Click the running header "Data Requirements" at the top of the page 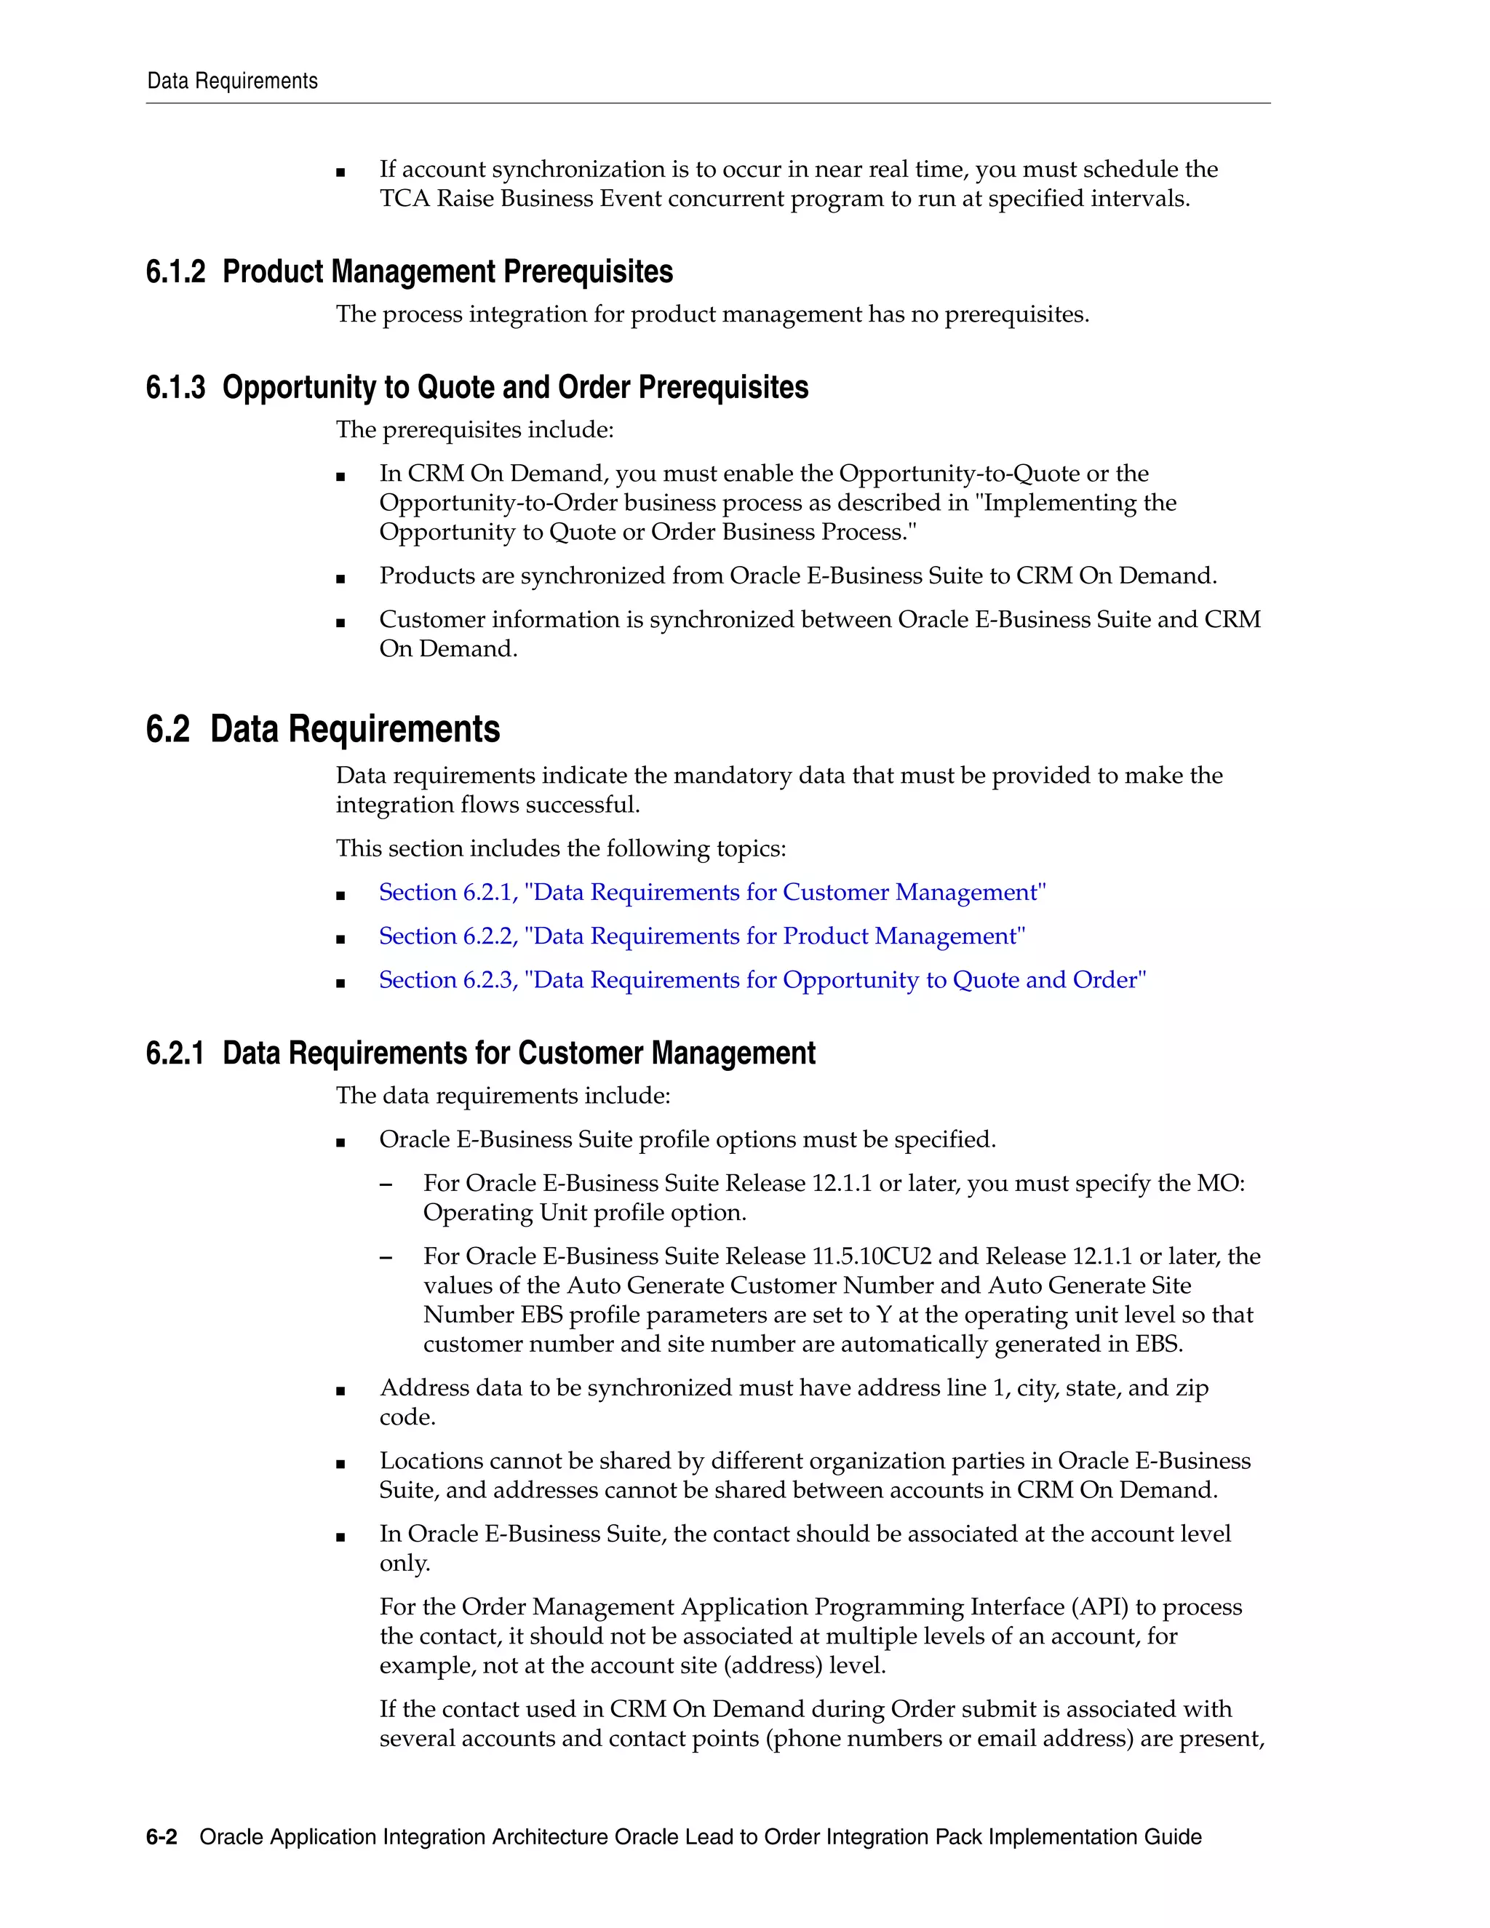pos(232,81)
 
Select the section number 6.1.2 pos(175,272)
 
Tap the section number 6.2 pos(168,729)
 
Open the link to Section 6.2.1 pos(712,893)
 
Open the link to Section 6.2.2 pos(702,936)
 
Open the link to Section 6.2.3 pos(762,981)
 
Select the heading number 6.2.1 pos(175,1053)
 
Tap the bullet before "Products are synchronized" pos(340,580)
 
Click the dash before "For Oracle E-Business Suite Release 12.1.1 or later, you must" pos(386,1184)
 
